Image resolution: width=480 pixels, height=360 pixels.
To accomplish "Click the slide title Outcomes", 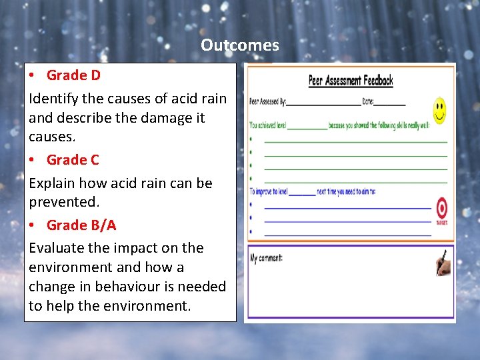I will pyautogui.click(x=240, y=45).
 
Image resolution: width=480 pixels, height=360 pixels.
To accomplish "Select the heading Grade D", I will pyautogui.click(x=73, y=75).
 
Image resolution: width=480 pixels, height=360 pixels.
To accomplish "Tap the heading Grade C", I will pyautogui.click(x=73, y=160).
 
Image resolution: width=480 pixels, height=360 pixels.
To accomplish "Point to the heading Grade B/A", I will pyautogui.click(x=81, y=225).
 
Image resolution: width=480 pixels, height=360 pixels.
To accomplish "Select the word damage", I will pyautogui.click(x=160, y=118).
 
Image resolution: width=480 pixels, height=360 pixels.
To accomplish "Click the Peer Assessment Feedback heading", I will pyautogui.click(x=351, y=81).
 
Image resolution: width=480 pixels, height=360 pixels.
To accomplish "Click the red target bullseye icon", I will pyautogui.click(x=441, y=209).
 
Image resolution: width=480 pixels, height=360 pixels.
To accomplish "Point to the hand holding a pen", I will pyautogui.click(x=443, y=263).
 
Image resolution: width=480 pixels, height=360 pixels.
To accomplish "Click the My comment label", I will pyautogui.click(x=266, y=258).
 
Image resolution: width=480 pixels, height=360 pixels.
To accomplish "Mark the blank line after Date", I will pyautogui.click(x=393, y=104).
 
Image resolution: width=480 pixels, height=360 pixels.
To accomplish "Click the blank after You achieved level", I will pyautogui.click(x=307, y=127).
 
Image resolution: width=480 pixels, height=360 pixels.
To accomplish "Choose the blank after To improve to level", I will pyautogui.click(x=303, y=193).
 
